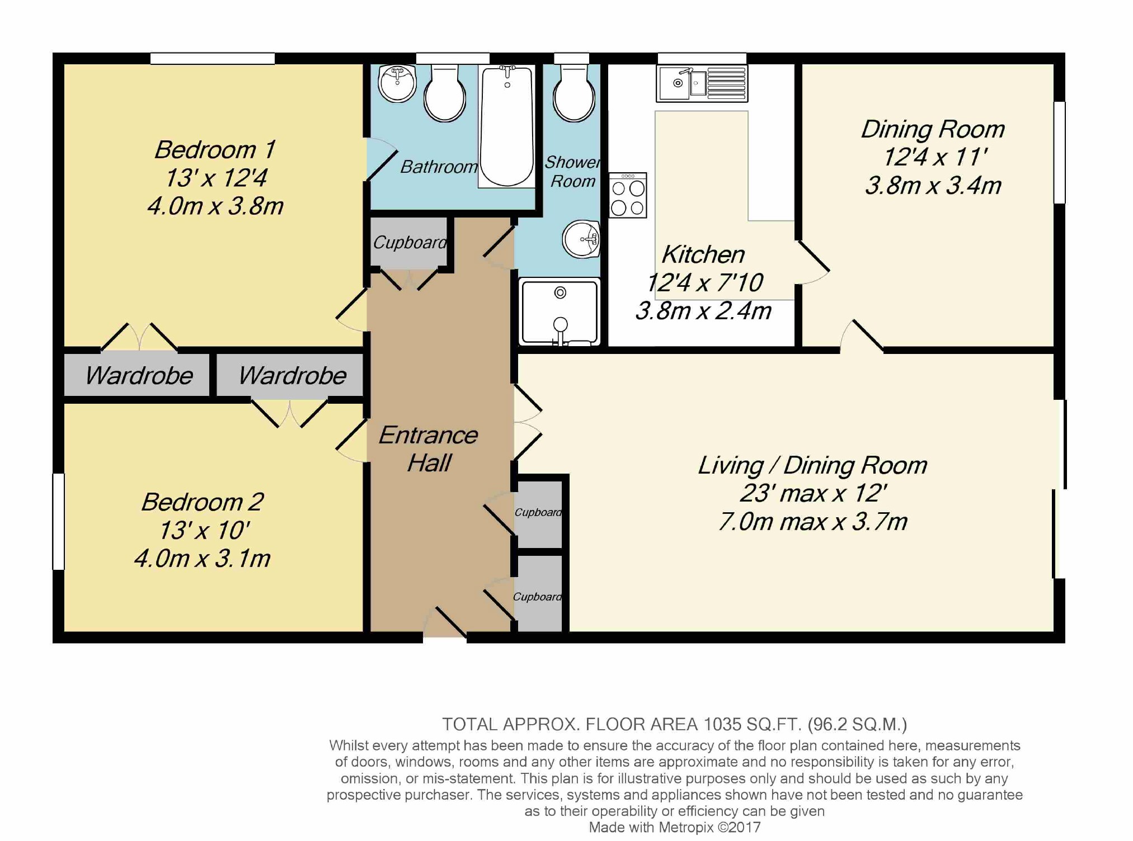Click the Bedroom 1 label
tap(215, 150)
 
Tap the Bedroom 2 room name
tap(202, 502)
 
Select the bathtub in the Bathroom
tap(506, 126)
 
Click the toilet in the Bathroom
tap(445, 93)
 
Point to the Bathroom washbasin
tap(397, 83)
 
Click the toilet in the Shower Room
tap(573, 93)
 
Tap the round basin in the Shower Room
tap(581, 239)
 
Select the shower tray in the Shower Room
tap(560, 312)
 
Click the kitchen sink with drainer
tap(702, 84)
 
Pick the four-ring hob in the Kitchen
tap(628, 195)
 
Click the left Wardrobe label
tap(138, 375)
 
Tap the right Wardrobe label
tap(292, 375)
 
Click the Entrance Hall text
tap(428, 449)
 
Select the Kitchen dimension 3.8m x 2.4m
tap(703, 311)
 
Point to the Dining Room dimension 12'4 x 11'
tap(933, 157)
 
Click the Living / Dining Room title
tap(812, 465)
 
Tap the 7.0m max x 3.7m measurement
tap(812, 522)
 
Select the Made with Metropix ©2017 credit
tap(675, 828)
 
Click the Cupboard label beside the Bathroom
tap(410, 243)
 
